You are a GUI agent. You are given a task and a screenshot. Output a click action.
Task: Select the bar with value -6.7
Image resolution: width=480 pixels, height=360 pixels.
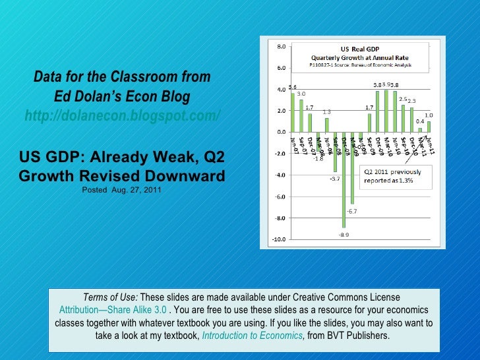[x=352, y=167]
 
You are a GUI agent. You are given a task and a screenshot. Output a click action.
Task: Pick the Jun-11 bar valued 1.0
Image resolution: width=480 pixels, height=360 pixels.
[x=429, y=127]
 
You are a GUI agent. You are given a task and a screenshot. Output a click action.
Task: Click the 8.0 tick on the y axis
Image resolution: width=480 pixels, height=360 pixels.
[x=280, y=46]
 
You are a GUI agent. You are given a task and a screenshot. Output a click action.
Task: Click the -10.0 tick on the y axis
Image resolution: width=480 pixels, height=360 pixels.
[x=280, y=239]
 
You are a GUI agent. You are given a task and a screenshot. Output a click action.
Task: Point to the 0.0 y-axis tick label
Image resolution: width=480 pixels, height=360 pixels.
[x=281, y=133]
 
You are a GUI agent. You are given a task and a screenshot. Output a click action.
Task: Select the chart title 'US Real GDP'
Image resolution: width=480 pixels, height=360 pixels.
[x=359, y=48]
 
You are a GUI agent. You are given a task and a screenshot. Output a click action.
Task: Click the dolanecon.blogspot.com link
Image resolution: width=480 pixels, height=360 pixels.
[x=123, y=117]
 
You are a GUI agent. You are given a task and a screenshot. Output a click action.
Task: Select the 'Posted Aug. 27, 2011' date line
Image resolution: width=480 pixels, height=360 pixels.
[x=122, y=191]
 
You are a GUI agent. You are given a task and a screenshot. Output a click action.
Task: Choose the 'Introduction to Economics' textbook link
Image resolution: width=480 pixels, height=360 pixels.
[x=253, y=336]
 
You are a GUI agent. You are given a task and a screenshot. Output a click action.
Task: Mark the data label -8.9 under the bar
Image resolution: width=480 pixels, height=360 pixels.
[x=344, y=235]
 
